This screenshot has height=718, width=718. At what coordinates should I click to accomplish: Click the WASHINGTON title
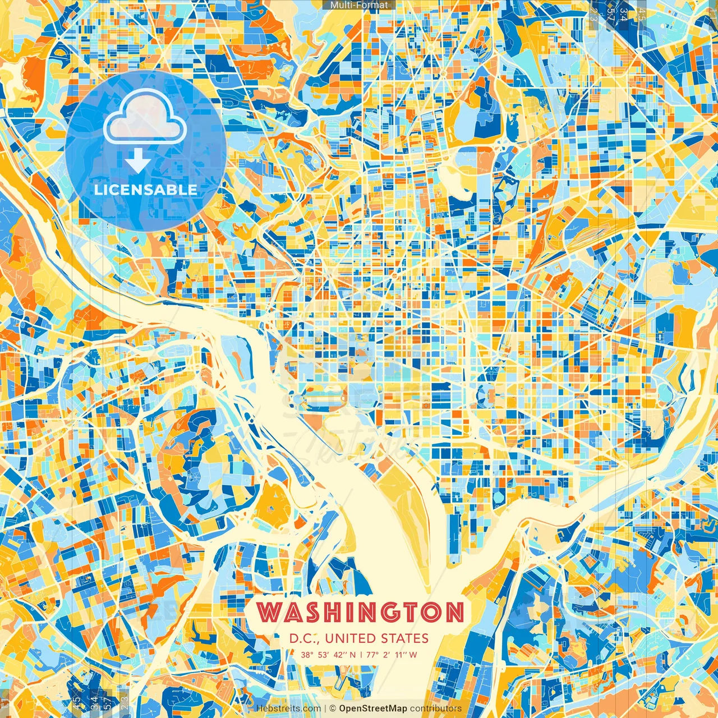pos(361,612)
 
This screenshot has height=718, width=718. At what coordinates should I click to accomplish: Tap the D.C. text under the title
pos(305,638)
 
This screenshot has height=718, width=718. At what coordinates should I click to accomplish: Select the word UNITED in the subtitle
pos(351,638)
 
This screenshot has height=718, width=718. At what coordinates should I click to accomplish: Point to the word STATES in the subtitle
pos(404,638)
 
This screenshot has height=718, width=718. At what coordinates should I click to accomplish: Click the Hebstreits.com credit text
pos(288,708)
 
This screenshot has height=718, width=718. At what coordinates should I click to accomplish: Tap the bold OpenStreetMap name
pos(373,708)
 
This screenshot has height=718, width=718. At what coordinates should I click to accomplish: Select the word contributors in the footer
pos(436,708)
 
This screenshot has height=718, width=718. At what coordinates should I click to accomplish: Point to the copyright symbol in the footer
pos(333,708)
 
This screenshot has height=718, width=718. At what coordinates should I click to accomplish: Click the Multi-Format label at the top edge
pos(359,5)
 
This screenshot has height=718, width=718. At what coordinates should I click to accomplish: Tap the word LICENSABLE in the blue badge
pos(146,190)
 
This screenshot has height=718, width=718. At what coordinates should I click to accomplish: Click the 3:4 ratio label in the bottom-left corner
pos(94,702)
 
